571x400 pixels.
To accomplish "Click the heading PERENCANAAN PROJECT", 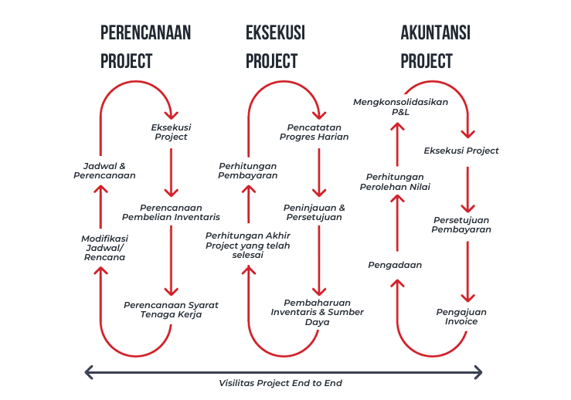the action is click(145, 46).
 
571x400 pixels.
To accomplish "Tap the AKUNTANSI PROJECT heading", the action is click(435, 46).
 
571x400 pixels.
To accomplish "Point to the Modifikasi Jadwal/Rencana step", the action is click(104, 248).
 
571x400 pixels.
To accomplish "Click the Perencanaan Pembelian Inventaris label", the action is click(171, 212).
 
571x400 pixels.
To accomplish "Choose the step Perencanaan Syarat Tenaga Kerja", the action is click(171, 310).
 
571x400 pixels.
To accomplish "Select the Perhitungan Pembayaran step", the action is click(247, 170).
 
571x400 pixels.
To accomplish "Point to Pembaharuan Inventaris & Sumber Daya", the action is click(317, 311).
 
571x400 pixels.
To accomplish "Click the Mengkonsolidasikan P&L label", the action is click(400, 107).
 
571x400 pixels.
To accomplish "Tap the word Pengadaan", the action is click(394, 265).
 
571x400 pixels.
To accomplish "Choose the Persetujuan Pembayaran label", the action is click(461, 224).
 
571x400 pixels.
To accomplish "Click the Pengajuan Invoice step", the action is click(461, 316).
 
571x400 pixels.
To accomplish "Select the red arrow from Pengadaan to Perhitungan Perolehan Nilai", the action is click(397, 224).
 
